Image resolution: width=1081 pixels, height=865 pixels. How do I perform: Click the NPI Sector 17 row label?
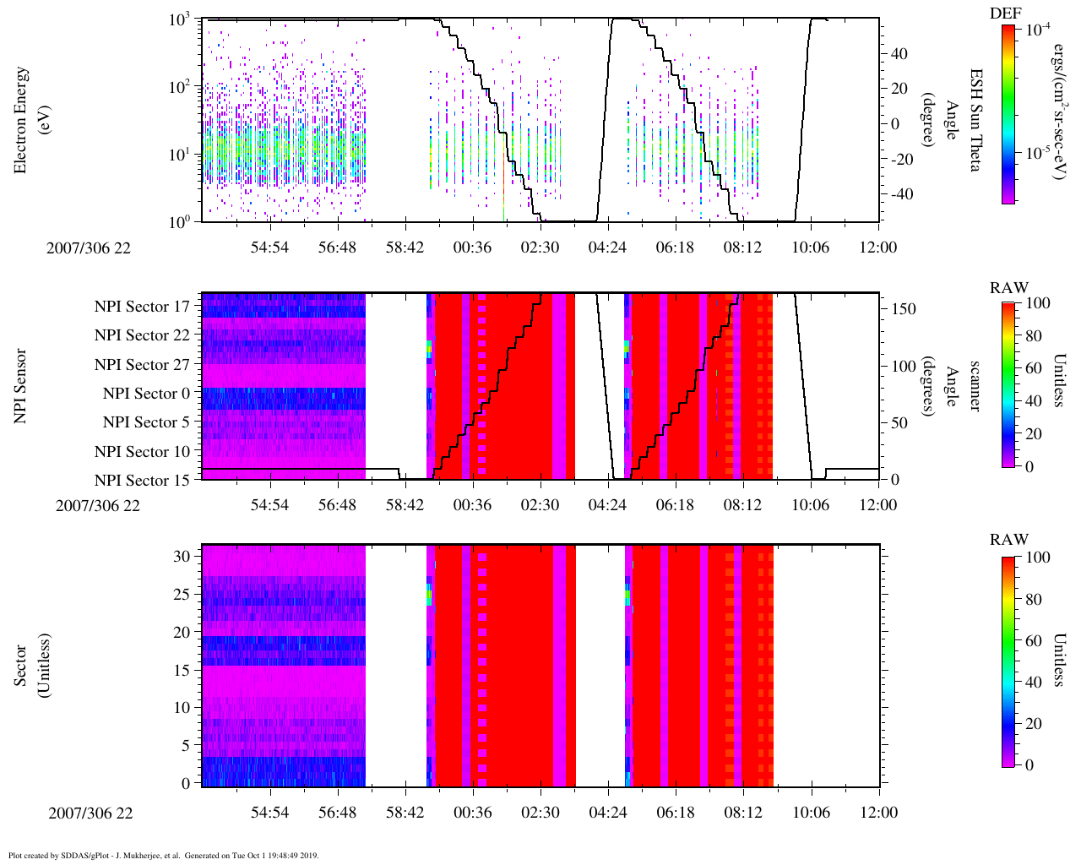pos(142,307)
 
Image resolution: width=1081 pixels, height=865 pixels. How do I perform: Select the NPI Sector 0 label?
pos(146,394)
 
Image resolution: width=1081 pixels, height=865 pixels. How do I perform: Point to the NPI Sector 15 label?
pos(142,481)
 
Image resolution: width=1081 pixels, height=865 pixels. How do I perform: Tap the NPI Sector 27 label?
pos(142,365)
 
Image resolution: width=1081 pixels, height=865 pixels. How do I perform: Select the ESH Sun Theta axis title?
pos(974,120)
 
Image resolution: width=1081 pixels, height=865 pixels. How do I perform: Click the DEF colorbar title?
pos(1005,14)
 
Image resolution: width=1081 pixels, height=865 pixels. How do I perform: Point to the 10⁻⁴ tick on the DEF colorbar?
pos(1038,29)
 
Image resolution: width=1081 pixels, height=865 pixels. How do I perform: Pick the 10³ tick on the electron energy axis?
pos(179,20)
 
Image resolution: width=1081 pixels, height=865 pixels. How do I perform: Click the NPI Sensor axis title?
pos(20,385)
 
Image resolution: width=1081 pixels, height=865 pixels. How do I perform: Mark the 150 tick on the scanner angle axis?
pos(904,309)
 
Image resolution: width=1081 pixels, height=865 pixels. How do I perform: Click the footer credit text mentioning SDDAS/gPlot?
pos(163,855)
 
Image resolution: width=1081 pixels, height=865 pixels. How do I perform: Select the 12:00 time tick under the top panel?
pos(878,248)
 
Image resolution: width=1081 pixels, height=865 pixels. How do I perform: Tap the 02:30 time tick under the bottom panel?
pos(540,813)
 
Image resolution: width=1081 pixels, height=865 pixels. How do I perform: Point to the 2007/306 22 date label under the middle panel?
pos(98,506)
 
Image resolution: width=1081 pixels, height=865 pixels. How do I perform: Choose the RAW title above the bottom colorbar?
pos(1009,540)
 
